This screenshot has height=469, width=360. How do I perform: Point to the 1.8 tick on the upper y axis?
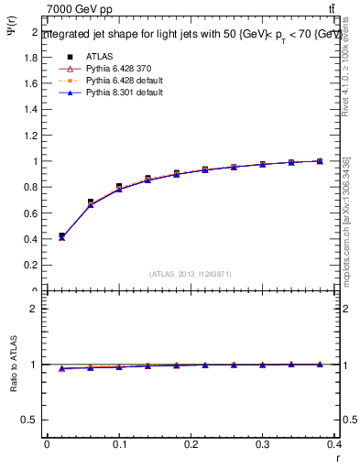(x=32, y=57)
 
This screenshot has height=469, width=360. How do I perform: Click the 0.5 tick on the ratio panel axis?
(x=32, y=420)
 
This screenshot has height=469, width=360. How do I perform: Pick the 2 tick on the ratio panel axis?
(x=35, y=309)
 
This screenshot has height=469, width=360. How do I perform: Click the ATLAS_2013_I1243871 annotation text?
(x=191, y=274)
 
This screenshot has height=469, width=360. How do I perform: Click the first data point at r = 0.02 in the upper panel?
(x=61, y=236)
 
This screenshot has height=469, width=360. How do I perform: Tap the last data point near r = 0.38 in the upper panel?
(x=320, y=161)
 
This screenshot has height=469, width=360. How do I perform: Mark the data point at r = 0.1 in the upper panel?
(x=119, y=187)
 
